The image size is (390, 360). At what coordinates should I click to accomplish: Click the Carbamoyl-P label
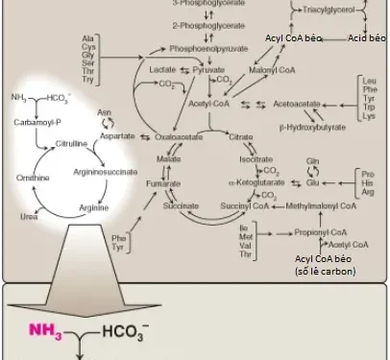point(36,124)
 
